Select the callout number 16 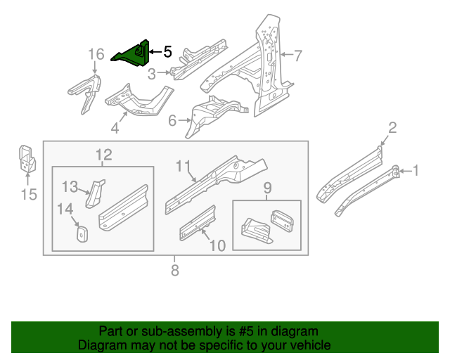pyautogui.click(x=96, y=54)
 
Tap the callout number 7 pyautogui.click(x=297, y=55)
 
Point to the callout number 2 pyautogui.click(x=392, y=127)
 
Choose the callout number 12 pyautogui.click(x=104, y=155)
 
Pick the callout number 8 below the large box pyautogui.click(x=175, y=270)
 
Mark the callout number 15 pyautogui.click(x=27, y=194)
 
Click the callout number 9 pyautogui.click(x=267, y=188)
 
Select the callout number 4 pyautogui.click(x=113, y=128)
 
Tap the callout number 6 pyautogui.click(x=172, y=120)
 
